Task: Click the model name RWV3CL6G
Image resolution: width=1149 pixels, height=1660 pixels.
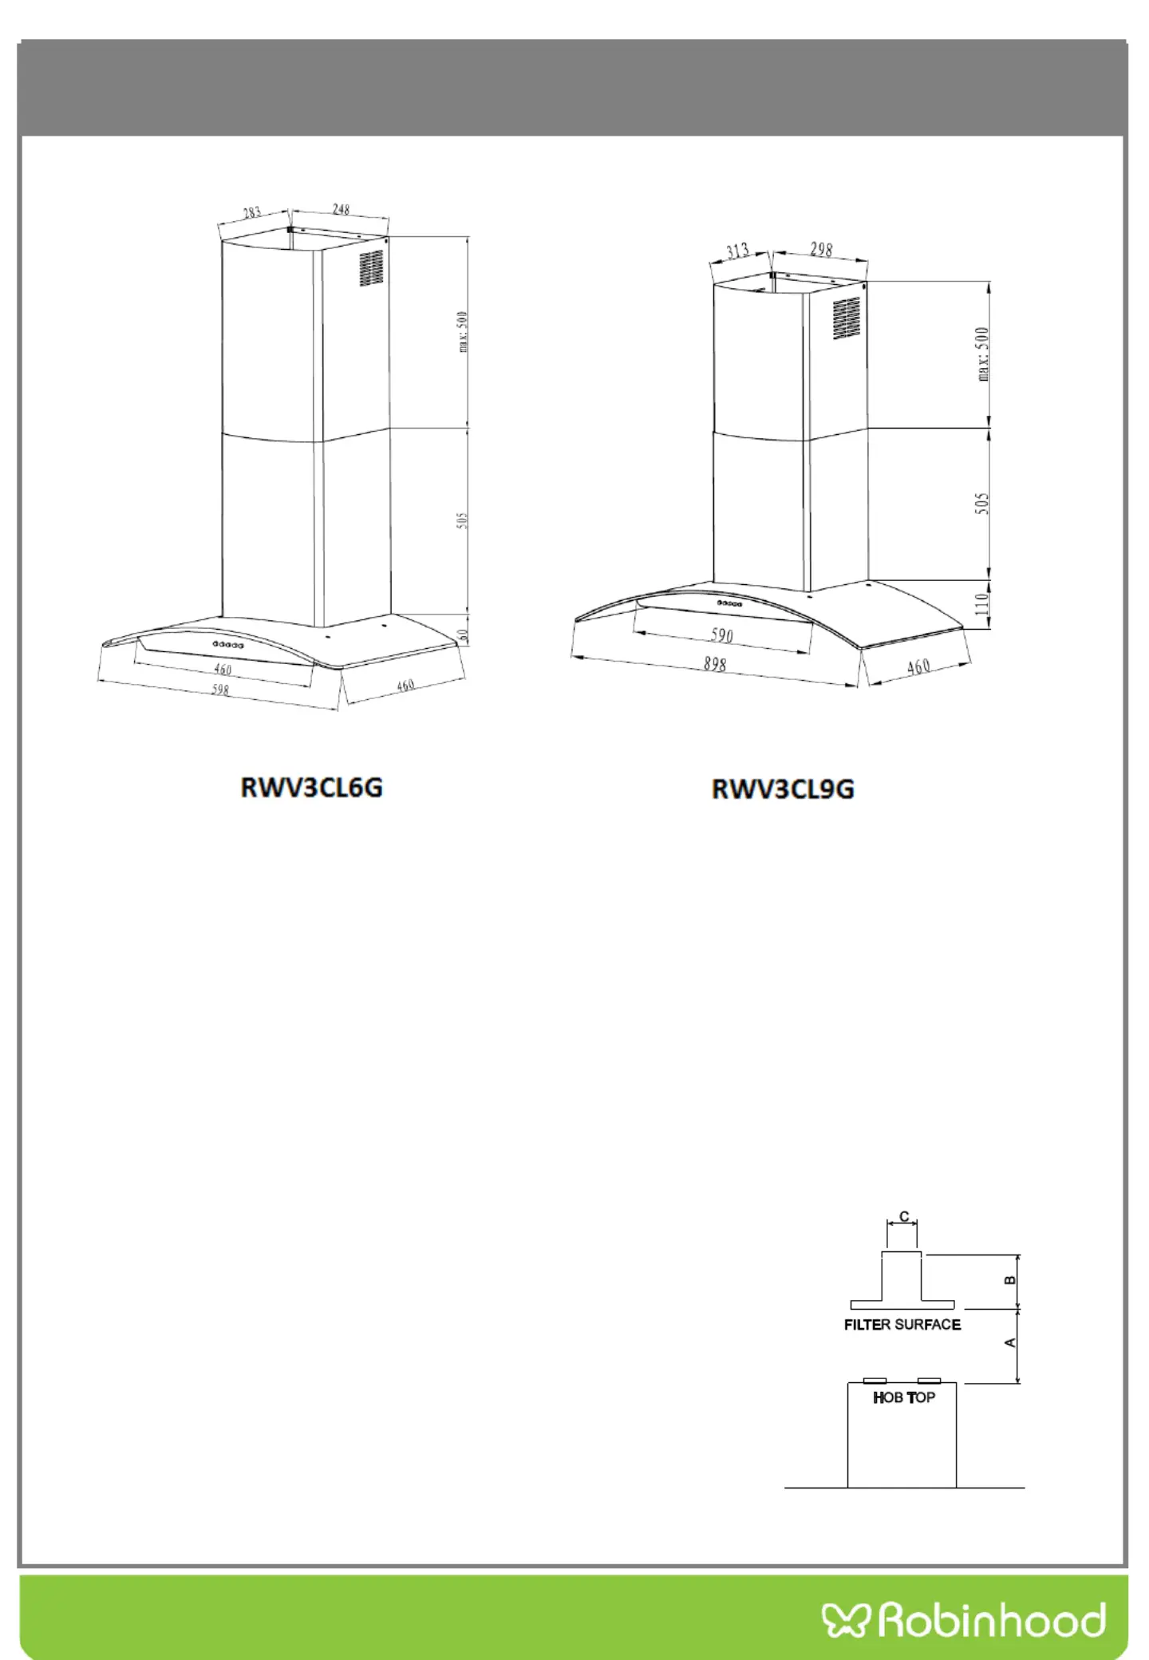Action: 311,788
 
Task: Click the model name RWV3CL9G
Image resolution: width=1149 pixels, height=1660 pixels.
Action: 783,789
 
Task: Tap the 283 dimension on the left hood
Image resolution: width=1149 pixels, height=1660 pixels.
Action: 252,212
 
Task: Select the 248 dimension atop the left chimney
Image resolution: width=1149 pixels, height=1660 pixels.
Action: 341,209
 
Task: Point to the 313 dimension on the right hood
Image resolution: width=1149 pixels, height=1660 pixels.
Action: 737,251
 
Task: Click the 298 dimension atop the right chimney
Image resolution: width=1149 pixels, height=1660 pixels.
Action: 821,250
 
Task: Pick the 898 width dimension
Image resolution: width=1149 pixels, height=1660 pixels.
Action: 715,663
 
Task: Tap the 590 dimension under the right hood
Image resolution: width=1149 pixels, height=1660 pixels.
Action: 721,635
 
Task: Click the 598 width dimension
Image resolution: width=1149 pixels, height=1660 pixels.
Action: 220,690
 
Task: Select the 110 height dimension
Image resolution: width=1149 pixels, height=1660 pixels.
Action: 982,603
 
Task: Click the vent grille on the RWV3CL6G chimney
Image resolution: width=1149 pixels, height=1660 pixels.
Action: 371,268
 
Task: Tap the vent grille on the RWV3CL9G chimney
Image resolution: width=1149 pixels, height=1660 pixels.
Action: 847,318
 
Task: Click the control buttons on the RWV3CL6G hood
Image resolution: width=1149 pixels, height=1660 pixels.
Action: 227,644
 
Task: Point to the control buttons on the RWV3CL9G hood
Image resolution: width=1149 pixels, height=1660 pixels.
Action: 729,604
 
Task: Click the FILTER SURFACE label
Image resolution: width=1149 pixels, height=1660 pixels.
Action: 902,1325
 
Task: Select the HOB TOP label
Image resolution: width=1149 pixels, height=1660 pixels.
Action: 904,1397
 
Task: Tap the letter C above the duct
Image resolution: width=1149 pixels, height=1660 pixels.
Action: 904,1216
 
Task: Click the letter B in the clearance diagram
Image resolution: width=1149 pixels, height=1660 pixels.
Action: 1010,1280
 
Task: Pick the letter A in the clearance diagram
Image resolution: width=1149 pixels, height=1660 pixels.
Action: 1010,1343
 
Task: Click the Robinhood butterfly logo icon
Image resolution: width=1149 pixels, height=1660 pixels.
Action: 845,1619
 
